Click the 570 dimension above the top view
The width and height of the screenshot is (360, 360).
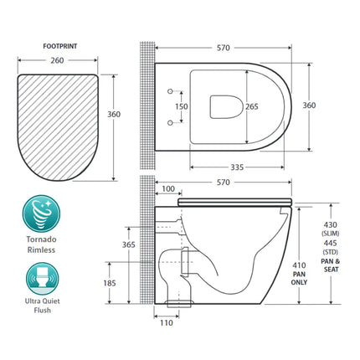[x=221, y=48]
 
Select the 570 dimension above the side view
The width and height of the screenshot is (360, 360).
[x=221, y=183]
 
